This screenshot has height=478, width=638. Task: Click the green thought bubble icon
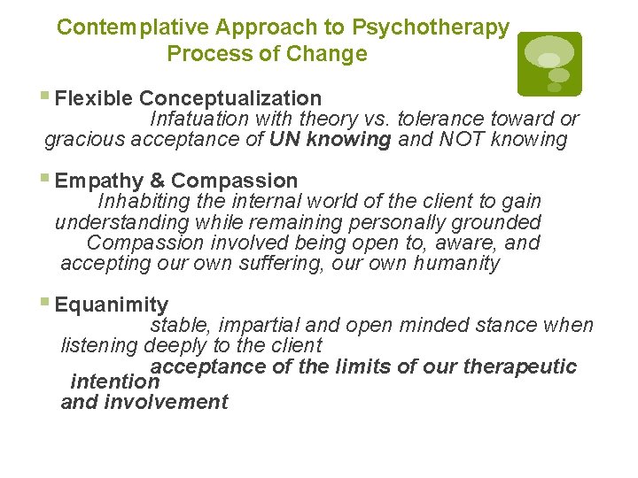point(549,64)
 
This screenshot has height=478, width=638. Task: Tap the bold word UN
point(284,140)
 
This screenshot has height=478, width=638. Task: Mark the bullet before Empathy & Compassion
point(47,181)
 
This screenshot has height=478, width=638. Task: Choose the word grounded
point(498,222)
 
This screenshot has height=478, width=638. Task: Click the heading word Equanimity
point(111,305)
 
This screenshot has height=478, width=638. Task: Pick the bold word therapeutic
point(524,366)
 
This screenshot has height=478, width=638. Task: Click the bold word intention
point(114,382)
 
